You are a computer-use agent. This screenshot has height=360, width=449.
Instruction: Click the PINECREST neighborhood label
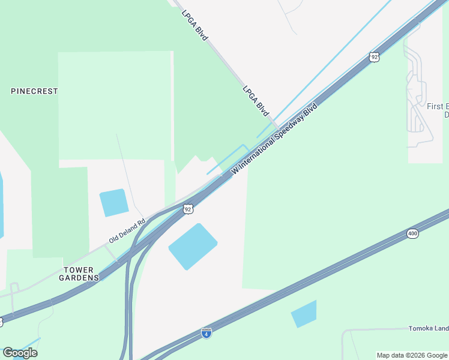click(x=34, y=91)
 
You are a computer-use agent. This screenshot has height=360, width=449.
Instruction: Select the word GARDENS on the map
click(x=79, y=278)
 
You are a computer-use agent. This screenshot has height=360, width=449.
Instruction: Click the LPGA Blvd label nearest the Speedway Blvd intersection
click(x=255, y=100)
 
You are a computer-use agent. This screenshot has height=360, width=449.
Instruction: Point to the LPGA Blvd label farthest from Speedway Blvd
click(x=194, y=25)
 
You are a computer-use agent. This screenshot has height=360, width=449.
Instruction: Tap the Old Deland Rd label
click(x=127, y=230)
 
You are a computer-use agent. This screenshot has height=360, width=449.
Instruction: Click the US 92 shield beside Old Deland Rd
click(x=188, y=209)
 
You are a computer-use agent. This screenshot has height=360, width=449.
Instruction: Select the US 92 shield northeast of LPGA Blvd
click(x=375, y=57)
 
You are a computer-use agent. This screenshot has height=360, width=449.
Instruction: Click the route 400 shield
click(x=412, y=233)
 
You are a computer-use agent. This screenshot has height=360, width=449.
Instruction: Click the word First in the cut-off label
click(x=435, y=106)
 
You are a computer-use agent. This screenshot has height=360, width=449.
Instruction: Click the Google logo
click(x=20, y=352)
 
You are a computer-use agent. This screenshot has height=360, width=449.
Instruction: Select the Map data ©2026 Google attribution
click(x=412, y=355)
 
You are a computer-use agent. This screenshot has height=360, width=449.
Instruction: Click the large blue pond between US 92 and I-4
click(x=193, y=246)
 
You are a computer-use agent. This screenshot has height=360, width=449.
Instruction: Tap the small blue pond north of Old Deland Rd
click(x=113, y=202)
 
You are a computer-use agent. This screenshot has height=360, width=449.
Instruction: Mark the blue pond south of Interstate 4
click(x=304, y=314)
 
